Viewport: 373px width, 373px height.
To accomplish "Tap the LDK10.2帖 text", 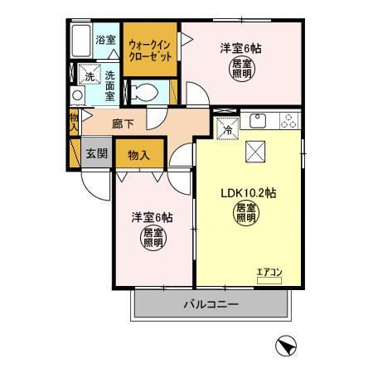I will pos(248,192).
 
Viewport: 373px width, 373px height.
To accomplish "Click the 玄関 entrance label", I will pos(96,153).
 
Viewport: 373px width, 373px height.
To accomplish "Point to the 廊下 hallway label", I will pos(133,124).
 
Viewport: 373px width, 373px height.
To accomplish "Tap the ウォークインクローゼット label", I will pos(150,51).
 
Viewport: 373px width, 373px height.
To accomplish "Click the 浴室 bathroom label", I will pos(105,40).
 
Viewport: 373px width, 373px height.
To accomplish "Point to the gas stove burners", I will pos(288,121).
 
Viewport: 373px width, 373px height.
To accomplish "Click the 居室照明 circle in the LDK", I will pos(246,215).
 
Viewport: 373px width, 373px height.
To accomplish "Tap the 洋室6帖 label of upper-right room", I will pos(240,48).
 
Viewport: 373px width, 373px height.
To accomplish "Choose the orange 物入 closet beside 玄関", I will pos(138,154).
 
